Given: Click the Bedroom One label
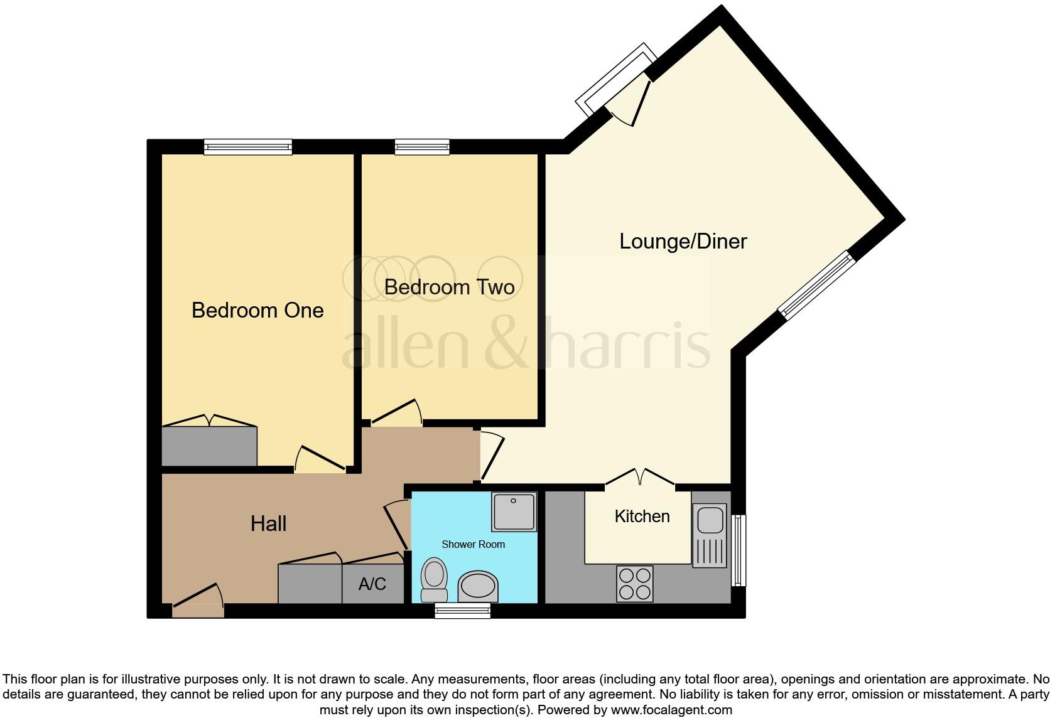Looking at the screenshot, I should (257, 310).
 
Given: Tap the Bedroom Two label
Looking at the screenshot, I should (449, 287).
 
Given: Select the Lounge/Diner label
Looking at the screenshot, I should (683, 241).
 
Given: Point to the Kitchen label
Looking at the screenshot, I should (642, 516).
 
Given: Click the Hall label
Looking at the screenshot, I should (268, 523).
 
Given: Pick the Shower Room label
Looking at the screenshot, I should (473, 544).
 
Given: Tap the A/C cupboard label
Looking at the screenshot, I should (372, 584).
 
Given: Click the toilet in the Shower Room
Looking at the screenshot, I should (433, 579).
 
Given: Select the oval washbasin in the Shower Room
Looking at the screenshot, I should (478, 587).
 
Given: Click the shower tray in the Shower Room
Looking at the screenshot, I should (514, 512).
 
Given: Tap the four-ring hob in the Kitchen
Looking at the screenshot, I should (634, 584).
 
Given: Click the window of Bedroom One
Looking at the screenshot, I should (248, 147).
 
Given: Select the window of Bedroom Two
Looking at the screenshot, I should (422, 147).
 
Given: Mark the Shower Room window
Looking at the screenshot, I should (463, 610).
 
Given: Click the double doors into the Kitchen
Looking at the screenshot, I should (640, 478).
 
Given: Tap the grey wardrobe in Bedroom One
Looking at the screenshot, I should (209, 446).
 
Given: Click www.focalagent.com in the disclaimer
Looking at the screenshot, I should (671, 710).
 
